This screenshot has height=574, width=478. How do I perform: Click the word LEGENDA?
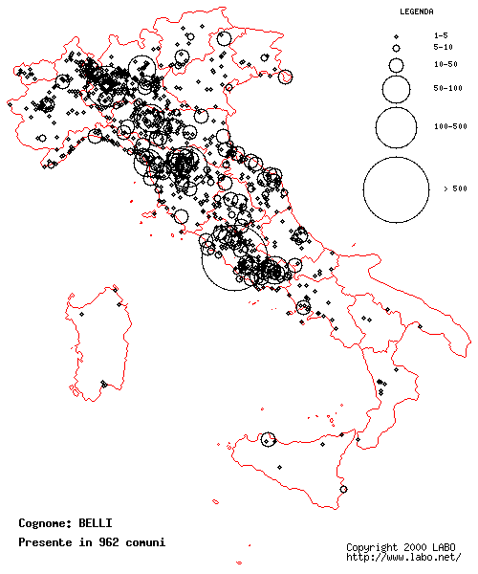click(416, 12)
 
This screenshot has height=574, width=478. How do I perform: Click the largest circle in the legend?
click(396, 188)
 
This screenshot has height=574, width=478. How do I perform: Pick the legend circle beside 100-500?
click(396, 125)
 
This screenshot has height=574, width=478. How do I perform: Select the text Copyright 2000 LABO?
click(401, 547)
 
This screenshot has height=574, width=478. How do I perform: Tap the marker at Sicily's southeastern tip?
click(343, 489)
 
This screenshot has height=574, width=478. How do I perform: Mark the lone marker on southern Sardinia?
click(102, 385)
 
